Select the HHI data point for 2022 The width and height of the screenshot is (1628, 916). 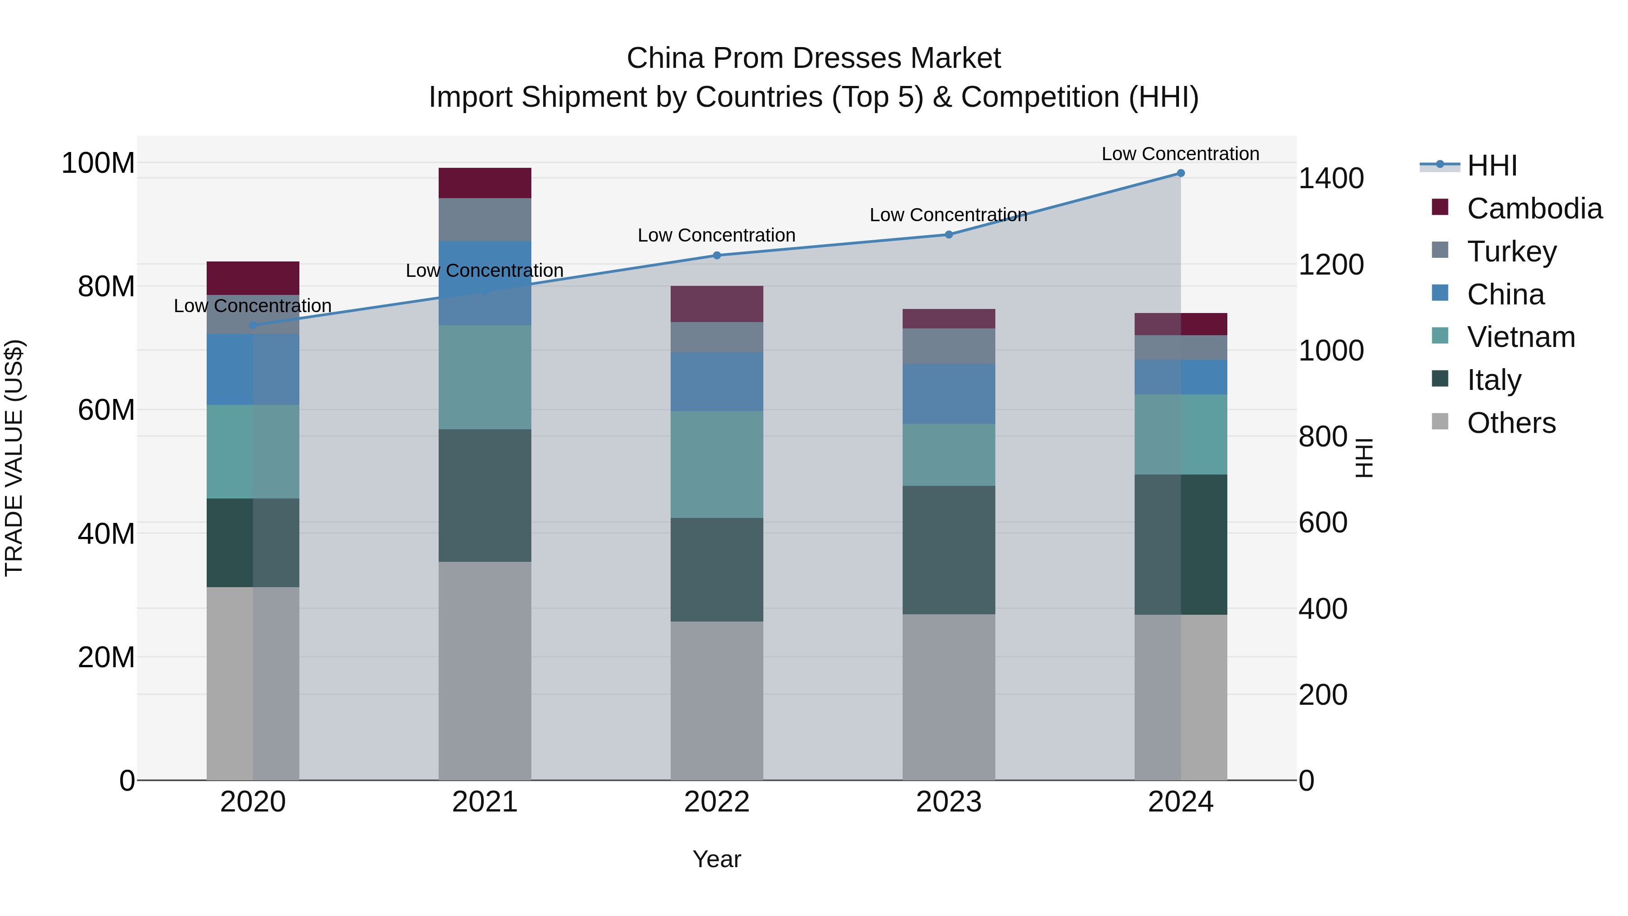[717, 256]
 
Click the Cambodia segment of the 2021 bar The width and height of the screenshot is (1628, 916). [485, 183]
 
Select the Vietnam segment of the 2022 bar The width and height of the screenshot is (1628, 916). [717, 465]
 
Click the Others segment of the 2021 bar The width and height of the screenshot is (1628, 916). [485, 670]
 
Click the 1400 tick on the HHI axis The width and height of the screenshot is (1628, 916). [1331, 178]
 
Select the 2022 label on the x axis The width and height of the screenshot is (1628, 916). [717, 802]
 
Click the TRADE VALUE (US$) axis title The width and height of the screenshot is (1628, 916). [14, 458]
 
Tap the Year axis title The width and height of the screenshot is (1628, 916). [717, 859]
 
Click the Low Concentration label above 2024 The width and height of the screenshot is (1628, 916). [1180, 154]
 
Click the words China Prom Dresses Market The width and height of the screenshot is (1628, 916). [814, 58]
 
